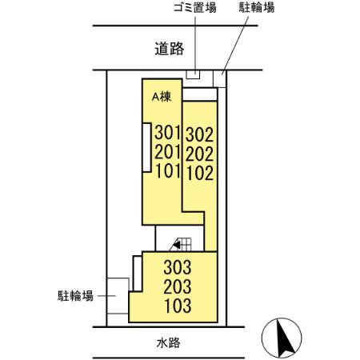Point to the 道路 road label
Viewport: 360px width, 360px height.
coord(170,49)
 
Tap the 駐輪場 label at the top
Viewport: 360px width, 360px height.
coord(258,9)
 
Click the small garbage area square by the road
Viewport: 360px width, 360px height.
coord(194,75)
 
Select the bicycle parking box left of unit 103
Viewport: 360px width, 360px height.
coord(118,298)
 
